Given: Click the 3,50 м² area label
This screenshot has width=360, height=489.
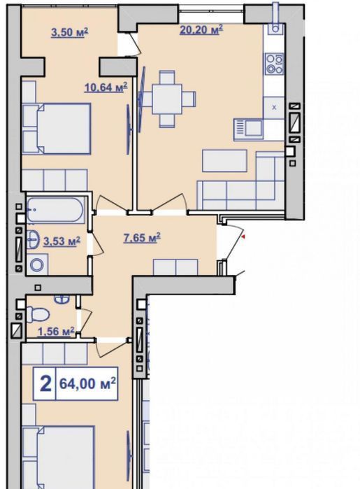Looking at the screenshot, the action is [69, 32].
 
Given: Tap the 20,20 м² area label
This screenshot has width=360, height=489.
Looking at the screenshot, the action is [201, 30].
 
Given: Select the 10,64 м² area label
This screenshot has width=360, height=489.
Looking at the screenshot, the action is [106, 87].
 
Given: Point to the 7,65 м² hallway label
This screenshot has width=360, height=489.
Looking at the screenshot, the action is [142, 238].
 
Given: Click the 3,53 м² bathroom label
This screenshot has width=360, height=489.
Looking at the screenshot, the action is [62, 241].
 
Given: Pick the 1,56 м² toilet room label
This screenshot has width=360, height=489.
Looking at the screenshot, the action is [56, 332].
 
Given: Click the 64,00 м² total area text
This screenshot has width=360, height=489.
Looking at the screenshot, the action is [87, 383].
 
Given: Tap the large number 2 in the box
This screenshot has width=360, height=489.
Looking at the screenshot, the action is [45, 383].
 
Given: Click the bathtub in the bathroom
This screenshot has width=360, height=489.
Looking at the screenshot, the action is [56, 209].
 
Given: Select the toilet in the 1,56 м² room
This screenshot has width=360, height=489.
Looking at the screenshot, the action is [38, 313].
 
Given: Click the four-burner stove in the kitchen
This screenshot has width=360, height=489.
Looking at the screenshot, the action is [274, 64].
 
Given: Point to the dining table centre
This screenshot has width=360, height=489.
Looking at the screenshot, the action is [167, 99].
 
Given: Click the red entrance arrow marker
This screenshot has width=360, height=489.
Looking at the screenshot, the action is [244, 238].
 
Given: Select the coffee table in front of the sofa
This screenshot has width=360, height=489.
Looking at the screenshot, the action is [224, 161].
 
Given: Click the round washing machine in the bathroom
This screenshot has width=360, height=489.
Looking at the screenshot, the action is [37, 264].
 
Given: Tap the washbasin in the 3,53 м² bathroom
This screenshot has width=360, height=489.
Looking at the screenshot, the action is [33, 239].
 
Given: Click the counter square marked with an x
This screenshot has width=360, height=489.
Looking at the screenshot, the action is [274, 108].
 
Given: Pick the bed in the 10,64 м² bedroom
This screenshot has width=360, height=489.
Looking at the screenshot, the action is [57, 129].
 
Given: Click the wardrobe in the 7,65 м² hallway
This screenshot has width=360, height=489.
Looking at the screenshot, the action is [175, 267].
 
